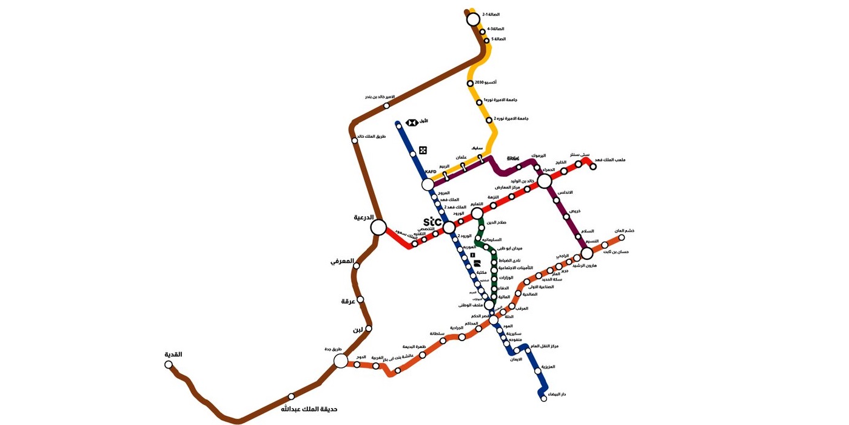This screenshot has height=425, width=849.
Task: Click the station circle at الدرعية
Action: (378, 228)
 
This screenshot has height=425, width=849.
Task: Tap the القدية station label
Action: (173, 355)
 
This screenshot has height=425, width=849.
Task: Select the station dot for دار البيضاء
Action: (544, 398)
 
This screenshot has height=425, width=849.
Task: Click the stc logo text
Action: (432, 222)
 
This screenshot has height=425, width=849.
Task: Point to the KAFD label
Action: (431, 172)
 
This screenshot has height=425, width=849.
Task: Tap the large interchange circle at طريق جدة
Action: (341, 361)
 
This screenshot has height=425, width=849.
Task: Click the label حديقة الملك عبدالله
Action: (309, 409)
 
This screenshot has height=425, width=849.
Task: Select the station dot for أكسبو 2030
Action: (470, 83)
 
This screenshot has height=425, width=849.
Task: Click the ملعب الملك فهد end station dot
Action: (593, 166)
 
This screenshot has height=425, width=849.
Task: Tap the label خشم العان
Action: (624, 231)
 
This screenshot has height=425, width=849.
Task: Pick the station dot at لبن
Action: (369, 328)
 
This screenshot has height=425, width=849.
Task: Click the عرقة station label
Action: (347, 301)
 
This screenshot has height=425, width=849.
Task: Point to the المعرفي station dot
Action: (357, 265)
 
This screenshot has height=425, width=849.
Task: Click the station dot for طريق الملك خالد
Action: (355, 141)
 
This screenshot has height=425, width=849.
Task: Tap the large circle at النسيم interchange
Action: (586, 253)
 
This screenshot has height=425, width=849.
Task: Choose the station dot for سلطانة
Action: (443, 341)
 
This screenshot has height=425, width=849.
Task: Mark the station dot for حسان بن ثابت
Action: (605, 245)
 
